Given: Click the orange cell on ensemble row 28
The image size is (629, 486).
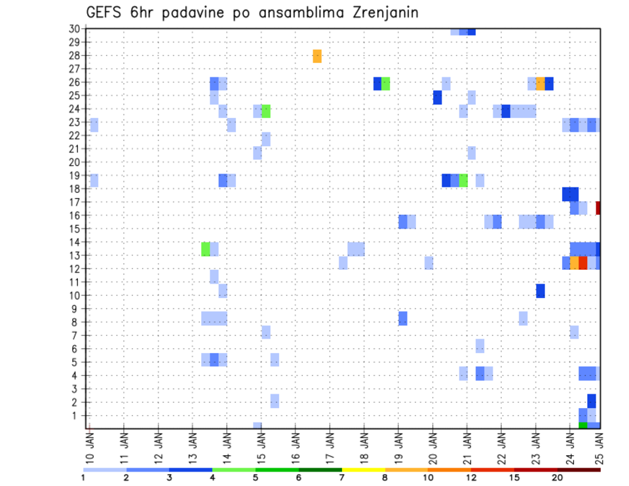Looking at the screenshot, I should [317, 56].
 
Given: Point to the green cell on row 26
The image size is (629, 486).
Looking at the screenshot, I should [386, 83].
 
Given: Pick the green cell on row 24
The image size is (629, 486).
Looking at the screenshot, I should [266, 111].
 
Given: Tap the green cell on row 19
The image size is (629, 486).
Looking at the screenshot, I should [463, 180].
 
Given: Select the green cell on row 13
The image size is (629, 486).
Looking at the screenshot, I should [206, 249].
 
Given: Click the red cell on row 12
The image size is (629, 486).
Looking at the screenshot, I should [582, 263].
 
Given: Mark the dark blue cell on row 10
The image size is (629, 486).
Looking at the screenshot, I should [541, 290].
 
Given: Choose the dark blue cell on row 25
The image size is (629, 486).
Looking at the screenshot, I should [437, 97].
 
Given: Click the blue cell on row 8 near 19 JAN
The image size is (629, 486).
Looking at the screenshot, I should [403, 318].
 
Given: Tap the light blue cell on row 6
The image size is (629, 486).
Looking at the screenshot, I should [480, 345].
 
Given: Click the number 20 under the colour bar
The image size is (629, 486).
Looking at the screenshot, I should [558, 477].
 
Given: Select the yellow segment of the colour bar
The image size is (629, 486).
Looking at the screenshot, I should [363, 470].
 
